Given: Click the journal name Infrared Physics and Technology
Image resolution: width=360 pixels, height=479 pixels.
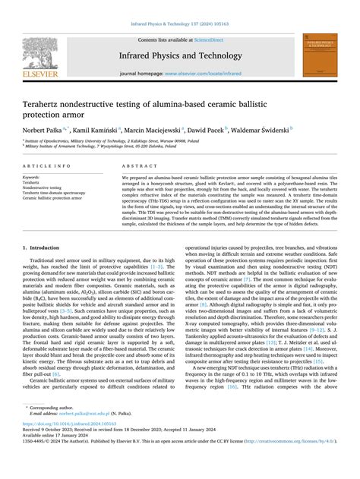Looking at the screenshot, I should (x=181, y=55).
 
